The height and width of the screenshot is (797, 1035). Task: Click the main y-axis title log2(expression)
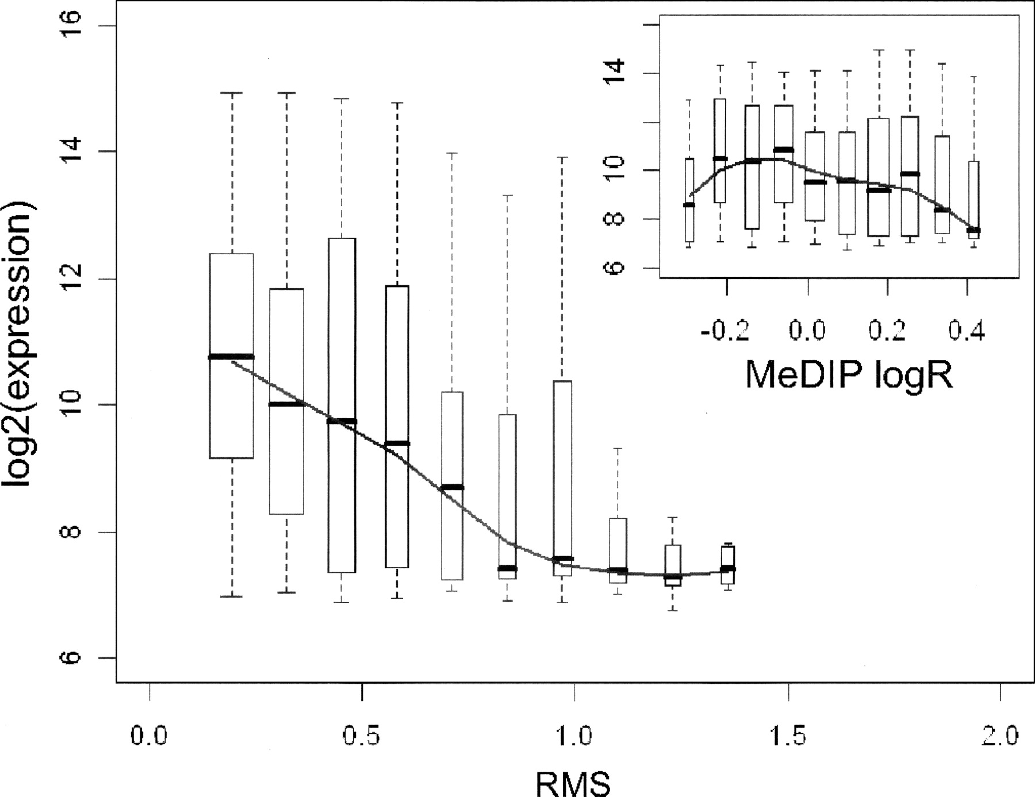coord(18,344)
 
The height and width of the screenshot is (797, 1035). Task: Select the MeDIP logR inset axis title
coord(849,375)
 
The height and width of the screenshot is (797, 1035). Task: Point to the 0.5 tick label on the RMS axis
coord(362,736)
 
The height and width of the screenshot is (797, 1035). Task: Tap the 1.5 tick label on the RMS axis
coord(788,736)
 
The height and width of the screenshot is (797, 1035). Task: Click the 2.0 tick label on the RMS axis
coord(1000,736)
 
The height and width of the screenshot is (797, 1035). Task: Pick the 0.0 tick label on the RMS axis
coord(149,736)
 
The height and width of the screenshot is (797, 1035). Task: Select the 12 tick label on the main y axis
coord(70,279)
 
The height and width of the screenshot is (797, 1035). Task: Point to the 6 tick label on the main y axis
coord(70,658)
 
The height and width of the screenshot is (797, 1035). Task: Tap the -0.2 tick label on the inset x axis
coord(725,331)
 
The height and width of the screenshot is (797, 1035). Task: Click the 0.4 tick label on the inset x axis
coord(967,331)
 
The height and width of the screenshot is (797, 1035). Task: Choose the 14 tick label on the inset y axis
coord(615,72)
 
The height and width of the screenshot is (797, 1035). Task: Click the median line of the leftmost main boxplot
coord(231,357)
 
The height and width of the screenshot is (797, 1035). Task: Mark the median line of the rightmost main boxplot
coord(728,569)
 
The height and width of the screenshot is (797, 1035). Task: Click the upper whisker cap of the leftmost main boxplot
coord(232,93)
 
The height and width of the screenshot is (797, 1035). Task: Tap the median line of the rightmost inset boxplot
coord(973,230)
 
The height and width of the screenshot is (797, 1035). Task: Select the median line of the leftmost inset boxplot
coord(689,205)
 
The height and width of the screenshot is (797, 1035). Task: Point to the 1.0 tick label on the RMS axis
coord(574,736)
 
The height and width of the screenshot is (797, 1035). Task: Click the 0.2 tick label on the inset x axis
coord(887,331)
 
